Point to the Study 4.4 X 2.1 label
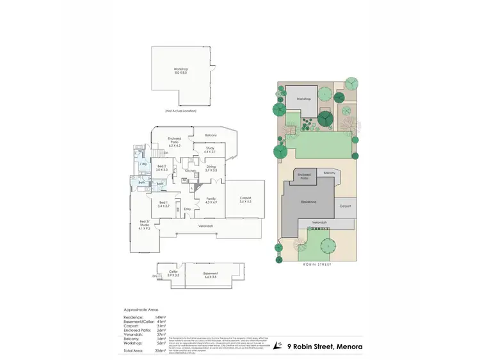[x=210, y=149]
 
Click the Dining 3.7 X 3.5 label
[x=211, y=168]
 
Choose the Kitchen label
[x=190, y=171]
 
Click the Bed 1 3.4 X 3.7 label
[x=164, y=206]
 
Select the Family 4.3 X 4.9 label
[x=211, y=200]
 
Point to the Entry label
[x=188, y=209]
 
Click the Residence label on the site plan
[x=309, y=202]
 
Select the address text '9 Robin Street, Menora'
[x=325, y=347]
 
